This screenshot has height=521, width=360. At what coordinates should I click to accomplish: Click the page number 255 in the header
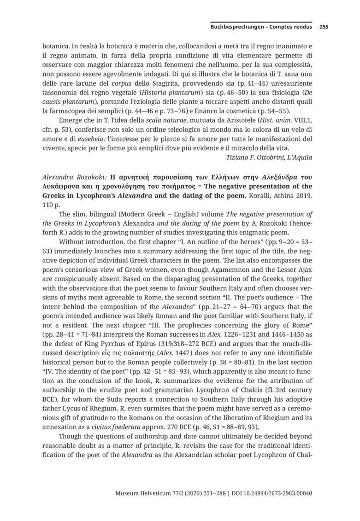point(324,27)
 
